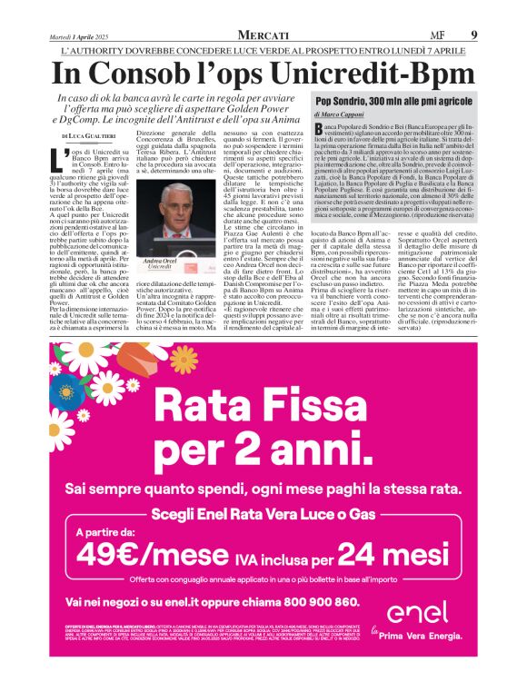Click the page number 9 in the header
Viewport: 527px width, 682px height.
coord(473,35)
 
